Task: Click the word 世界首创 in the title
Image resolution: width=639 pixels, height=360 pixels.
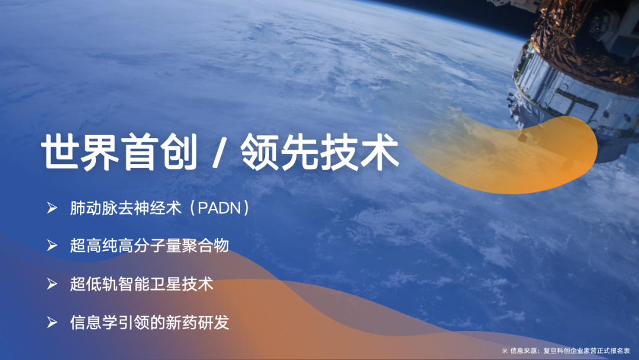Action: tap(119, 152)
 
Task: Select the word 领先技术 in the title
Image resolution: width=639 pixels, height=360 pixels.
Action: tap(319, 152)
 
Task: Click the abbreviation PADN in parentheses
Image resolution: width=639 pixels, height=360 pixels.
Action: tap(220, 208)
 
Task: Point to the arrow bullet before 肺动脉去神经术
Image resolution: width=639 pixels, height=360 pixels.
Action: tap(51, 208)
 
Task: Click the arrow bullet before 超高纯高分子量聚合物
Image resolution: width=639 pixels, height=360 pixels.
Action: tap(51, 246)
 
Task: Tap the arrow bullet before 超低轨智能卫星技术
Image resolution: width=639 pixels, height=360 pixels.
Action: tap(51, 284)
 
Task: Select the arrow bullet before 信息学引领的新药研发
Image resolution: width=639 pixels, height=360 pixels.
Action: tap(51, 323)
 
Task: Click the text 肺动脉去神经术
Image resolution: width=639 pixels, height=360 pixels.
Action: tap(125, 208)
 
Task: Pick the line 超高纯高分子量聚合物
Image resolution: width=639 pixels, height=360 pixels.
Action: tap(150, 246)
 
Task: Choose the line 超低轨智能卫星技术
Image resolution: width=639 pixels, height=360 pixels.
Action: tap(141, 284)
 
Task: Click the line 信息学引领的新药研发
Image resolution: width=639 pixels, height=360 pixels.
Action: tap(150, 323)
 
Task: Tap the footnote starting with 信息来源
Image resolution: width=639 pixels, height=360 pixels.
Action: tap(566, 351)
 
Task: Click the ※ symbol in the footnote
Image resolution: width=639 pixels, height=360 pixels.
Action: tap(505, 351)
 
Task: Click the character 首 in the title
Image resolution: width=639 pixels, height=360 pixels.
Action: tap(140, 152)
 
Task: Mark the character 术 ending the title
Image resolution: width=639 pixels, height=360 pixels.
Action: tap(380, 152)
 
